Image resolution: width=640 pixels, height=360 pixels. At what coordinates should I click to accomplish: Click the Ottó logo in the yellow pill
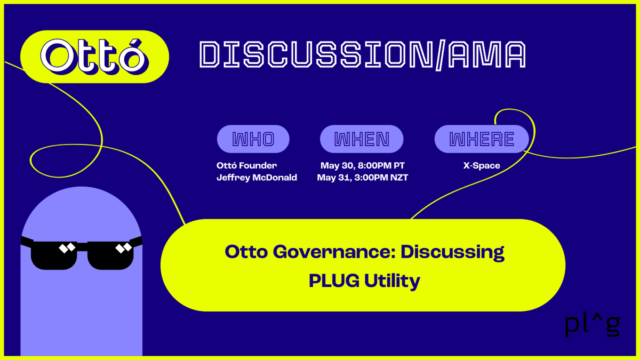click(x=94, y=57)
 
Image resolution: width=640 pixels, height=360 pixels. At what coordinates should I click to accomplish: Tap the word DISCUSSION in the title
click(x=315, y=54)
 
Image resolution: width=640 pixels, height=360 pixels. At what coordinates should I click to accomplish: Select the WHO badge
click(x=253, y=139)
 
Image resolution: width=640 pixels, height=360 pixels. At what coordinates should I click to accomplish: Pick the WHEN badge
click(x=362, y=139)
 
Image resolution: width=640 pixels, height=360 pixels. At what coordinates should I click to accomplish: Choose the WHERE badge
click(x=482, y=139)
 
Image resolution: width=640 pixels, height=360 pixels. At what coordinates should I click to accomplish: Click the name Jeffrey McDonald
click(x=257, y=178)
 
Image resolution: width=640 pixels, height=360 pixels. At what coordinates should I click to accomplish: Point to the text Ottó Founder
click(x=246, y=165)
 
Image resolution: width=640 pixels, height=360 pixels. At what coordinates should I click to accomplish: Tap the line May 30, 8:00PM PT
click(x=362, y=165)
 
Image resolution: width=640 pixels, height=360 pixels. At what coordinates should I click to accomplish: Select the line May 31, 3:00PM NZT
click(x=362, y=178)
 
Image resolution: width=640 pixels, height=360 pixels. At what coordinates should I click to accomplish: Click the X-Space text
click(x=482, y=165)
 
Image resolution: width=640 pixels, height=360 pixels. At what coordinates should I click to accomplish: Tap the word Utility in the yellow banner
click(x=391, y=281)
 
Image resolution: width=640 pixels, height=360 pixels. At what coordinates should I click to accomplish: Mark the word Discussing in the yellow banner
click(x=452, y=251)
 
